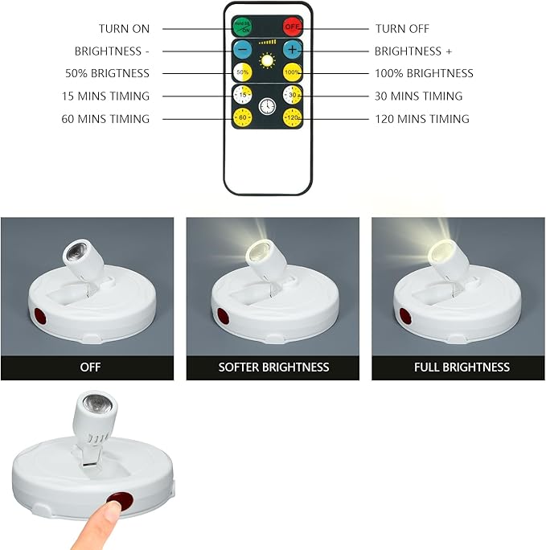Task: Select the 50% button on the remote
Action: coord(242,72)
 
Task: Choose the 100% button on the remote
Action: coord(293,72)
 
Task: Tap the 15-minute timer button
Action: coord(242,95)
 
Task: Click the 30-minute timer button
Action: coord(293,95)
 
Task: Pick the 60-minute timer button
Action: coord(242,118)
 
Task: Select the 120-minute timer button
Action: coord(293,118)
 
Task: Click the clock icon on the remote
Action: coord(267,105)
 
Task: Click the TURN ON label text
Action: coord(124,28)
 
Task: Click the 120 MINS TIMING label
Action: coord(422,119)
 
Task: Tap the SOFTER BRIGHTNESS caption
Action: coord(273,367)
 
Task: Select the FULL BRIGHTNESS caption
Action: coord(461,367)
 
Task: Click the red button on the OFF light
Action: coord(38,315)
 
